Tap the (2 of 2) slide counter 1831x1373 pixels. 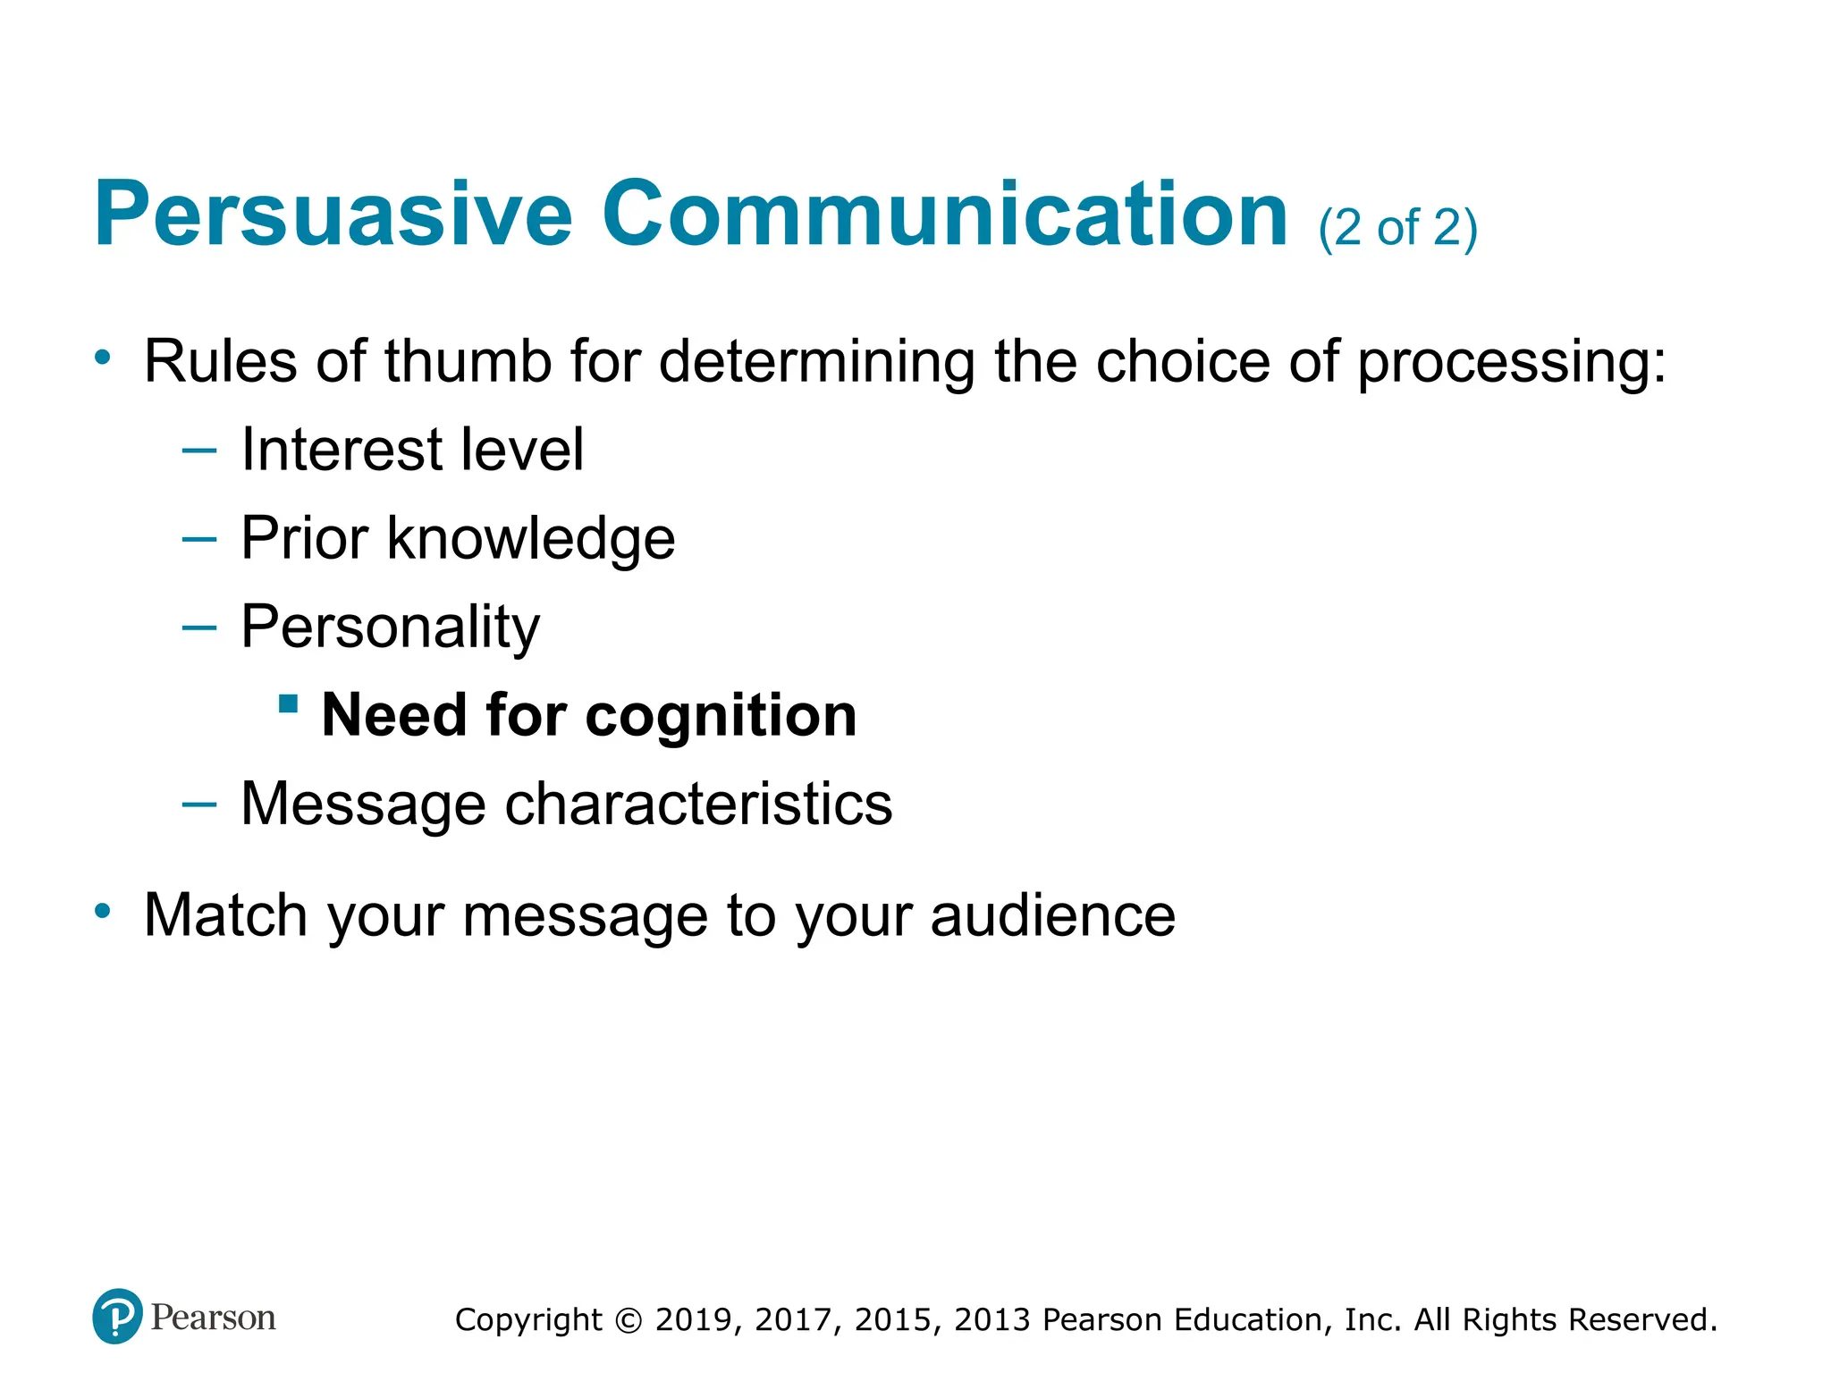1397,228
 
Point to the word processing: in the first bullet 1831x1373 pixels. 1512,364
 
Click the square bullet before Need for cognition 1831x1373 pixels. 288,703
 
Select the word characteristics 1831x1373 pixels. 698,804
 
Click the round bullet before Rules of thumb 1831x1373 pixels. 103,358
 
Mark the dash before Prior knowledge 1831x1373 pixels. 198,539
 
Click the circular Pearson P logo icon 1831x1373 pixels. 117,1316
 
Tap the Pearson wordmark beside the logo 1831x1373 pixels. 213,1318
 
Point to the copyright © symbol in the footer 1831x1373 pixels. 629,1321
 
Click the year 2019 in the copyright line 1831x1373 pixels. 694,1320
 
